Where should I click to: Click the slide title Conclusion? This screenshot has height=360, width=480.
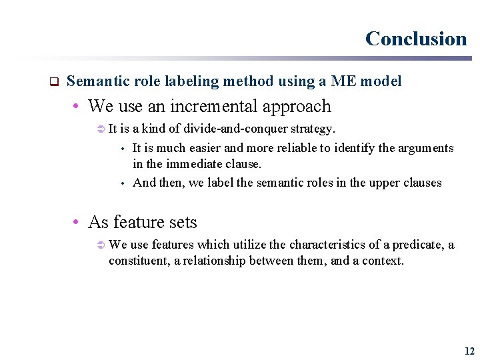416,39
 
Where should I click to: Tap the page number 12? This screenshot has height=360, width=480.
469,351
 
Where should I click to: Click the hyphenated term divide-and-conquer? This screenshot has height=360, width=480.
237,128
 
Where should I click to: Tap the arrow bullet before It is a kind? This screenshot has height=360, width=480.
101,129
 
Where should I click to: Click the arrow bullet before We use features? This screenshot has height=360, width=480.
101,245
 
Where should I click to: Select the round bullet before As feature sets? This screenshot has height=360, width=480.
78,222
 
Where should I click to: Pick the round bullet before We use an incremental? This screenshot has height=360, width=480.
78,107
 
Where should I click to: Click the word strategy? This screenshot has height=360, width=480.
313,128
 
